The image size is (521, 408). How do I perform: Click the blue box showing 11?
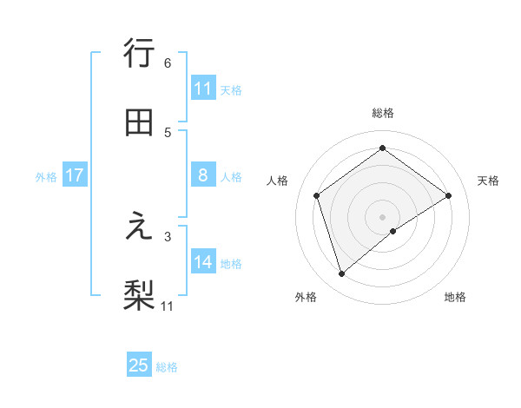203,89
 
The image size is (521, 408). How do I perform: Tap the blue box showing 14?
203,262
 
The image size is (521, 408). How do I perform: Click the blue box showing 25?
139,365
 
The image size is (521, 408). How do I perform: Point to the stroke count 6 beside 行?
168,63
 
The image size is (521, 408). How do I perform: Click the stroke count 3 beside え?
168,235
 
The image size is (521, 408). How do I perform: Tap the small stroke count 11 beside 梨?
168,306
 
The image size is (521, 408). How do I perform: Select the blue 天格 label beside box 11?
231,89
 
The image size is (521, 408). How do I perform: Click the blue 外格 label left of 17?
46,177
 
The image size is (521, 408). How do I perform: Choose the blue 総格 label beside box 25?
167,367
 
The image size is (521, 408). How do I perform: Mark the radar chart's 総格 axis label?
383,113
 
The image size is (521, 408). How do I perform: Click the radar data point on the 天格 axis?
448,195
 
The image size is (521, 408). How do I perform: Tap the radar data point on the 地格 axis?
393,231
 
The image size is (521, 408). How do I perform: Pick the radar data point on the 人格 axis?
317,195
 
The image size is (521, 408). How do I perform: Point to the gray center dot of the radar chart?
383,216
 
